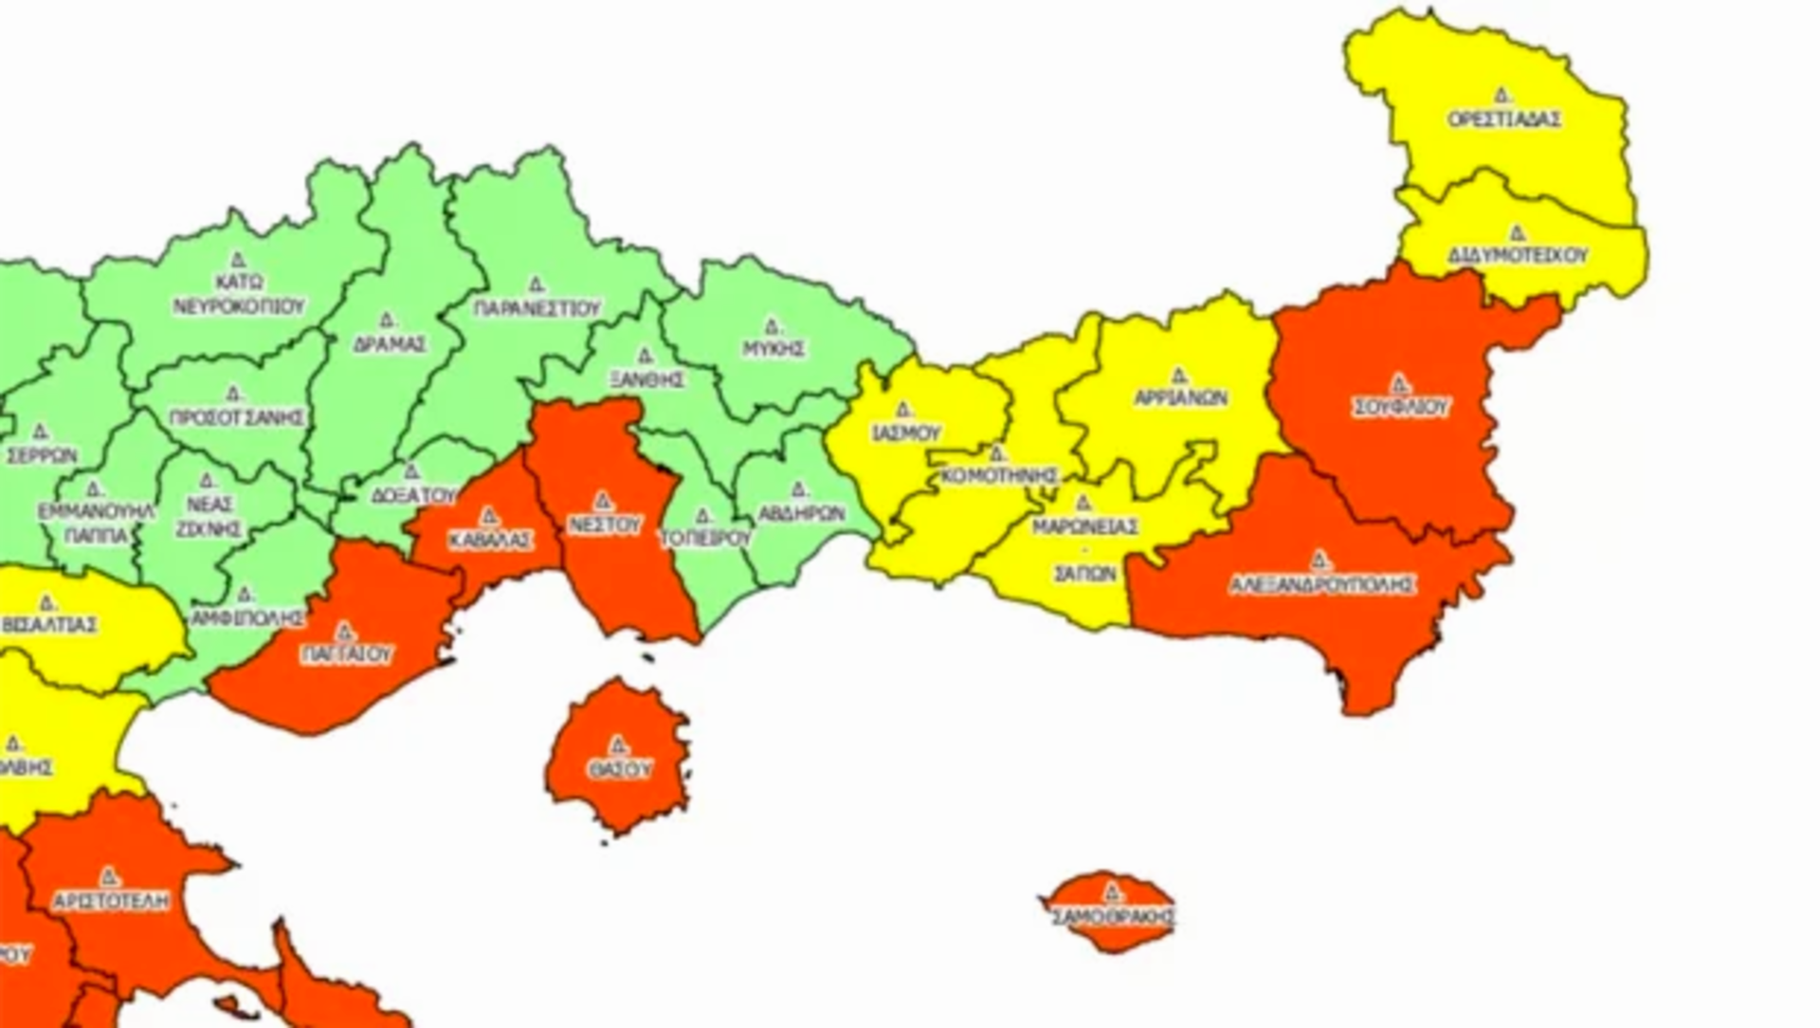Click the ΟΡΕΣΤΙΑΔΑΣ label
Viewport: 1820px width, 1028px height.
coord(1504,120)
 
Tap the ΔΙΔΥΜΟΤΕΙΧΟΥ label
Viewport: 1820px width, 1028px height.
coord(1518,256)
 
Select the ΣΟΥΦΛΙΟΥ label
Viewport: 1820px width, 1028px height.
coord(1400,408)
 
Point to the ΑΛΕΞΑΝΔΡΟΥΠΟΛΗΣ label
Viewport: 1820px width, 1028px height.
coord(1322,585)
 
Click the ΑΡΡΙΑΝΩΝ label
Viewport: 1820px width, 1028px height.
coord(1181,398)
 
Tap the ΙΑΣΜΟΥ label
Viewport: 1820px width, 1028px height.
coord(905,433)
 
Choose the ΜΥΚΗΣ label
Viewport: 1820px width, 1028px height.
coord(773,348)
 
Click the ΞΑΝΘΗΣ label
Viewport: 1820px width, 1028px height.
coord(647,379)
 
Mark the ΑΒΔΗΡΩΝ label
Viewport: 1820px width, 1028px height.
coord(801,513)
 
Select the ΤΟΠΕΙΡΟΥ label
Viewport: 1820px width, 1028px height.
coord(705,538)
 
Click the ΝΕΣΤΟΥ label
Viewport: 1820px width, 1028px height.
coord(604,524)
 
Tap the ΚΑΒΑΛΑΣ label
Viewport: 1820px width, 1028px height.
coord(490,540)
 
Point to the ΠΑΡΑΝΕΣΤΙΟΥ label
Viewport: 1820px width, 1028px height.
coord(537,308)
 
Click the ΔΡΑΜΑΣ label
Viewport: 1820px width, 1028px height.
coord(390,344)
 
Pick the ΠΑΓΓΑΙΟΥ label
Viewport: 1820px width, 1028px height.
coord(346,654)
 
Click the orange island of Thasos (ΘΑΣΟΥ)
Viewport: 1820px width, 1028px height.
coord(618,759)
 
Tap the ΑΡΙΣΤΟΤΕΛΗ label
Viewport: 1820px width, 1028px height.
coord(111,900)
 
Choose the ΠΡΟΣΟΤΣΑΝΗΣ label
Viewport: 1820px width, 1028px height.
coord(237,417)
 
